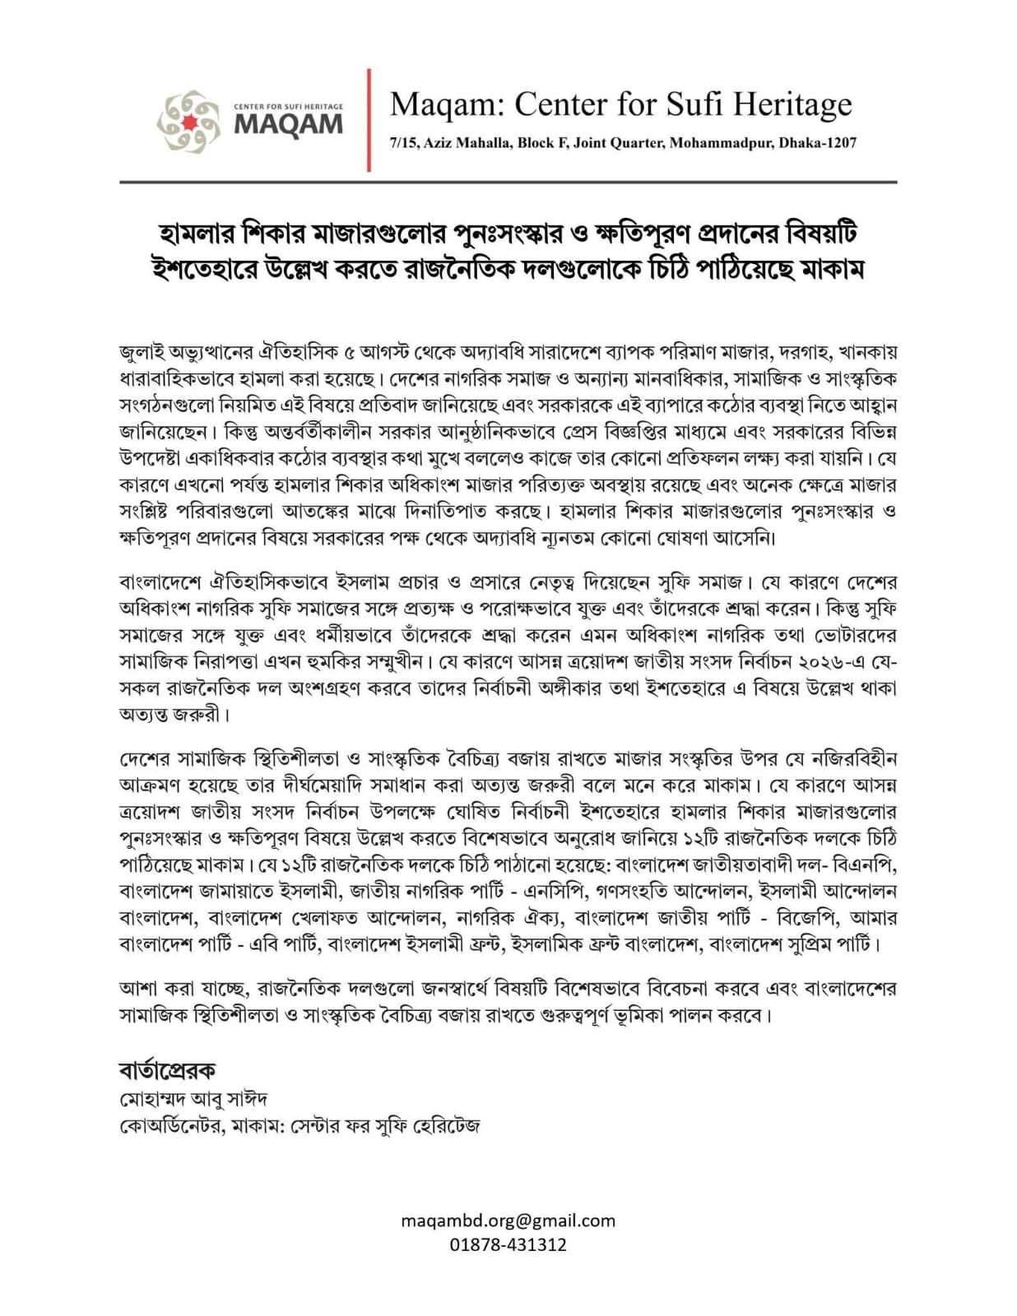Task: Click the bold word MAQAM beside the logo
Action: tap(288, 125)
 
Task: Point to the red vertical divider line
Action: tap(369, 120)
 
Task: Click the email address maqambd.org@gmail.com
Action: tap(508, 1221)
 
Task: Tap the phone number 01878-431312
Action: tap(508, 1244)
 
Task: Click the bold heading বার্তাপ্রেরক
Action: tap(167, 1070)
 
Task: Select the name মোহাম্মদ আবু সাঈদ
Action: tap(193, 1099)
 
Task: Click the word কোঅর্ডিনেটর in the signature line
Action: tap(171, 1125)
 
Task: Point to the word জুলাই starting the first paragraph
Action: tap(142, 353)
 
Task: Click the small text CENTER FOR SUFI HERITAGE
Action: tap(288, 107)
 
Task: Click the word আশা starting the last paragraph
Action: tap(139, 988)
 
